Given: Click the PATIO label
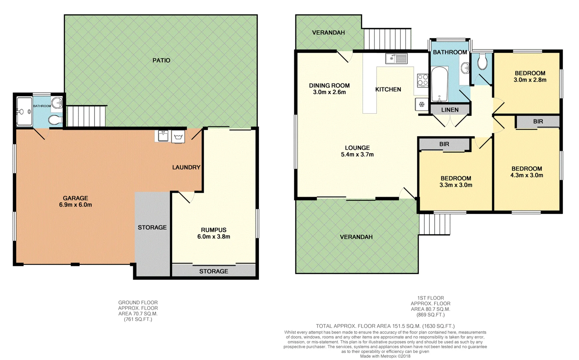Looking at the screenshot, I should [161, 60].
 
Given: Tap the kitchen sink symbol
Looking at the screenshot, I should [396, 58].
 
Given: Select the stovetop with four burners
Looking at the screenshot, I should [423, 80].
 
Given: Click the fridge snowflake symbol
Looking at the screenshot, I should [421, 105].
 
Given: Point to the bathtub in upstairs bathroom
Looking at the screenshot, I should [439, 84].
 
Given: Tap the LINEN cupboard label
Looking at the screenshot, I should [450, 110].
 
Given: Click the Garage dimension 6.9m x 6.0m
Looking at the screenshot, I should [75, 205].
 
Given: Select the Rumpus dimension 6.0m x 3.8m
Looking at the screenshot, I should [214, 237].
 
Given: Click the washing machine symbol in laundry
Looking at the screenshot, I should [178, 137].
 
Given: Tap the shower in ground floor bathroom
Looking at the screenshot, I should [24, 112].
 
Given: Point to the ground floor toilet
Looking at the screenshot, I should [55, 119].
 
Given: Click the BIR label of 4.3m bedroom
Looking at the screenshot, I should [538, 121].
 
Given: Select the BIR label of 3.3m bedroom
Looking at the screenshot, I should [444, 144].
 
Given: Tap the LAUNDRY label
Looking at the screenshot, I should [186, 167].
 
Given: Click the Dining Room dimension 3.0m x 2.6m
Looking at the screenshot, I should [329, 92].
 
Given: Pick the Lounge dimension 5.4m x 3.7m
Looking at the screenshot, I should [357, 154].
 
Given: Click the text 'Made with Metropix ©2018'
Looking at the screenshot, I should [385, 356].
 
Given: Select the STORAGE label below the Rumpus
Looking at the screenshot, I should [214, 271].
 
